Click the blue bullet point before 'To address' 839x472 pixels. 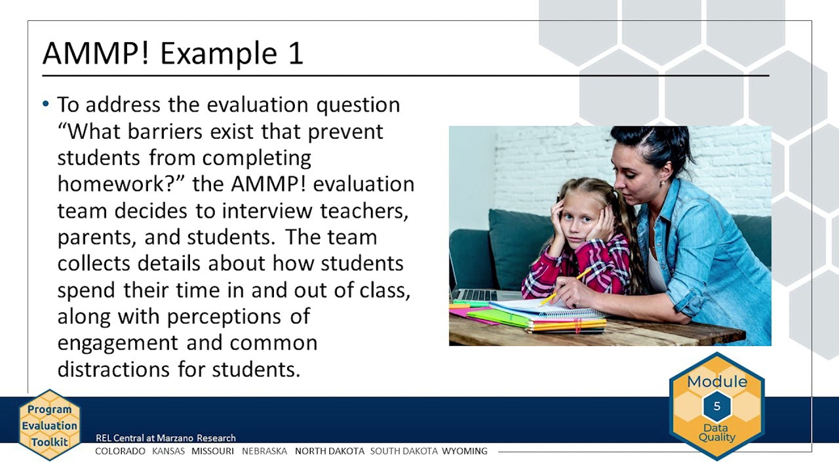click(x=46, y=104)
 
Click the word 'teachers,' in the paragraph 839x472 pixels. click(x=365, y=210)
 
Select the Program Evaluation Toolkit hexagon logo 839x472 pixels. click(x=49, y=425)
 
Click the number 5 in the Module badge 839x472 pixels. click(x=716, y=406)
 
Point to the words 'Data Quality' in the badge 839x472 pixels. click(x=716, y=433)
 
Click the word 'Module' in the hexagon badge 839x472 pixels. click(x=716, y=382)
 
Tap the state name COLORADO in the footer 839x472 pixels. click(x=120, y=451)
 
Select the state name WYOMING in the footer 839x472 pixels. click(x=465, y=451)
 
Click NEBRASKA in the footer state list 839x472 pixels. click(x=264, y=451)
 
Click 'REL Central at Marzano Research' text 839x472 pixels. click(x=166, y=438)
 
